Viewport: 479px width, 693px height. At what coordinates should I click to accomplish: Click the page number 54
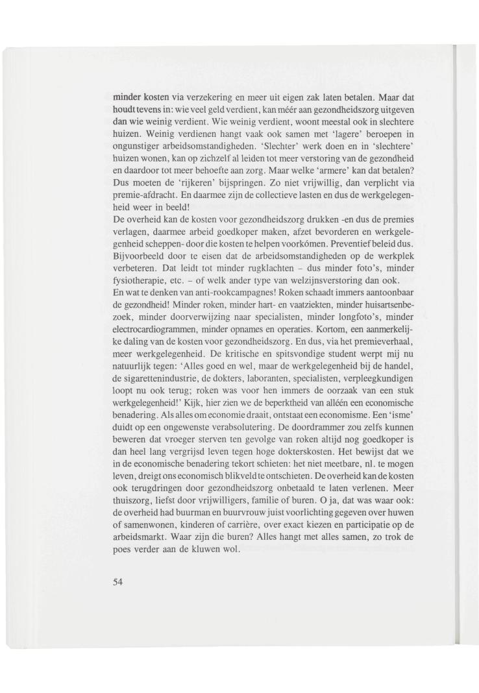coord(117,581)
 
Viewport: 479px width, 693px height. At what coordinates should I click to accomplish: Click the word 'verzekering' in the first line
coord(182,97)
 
